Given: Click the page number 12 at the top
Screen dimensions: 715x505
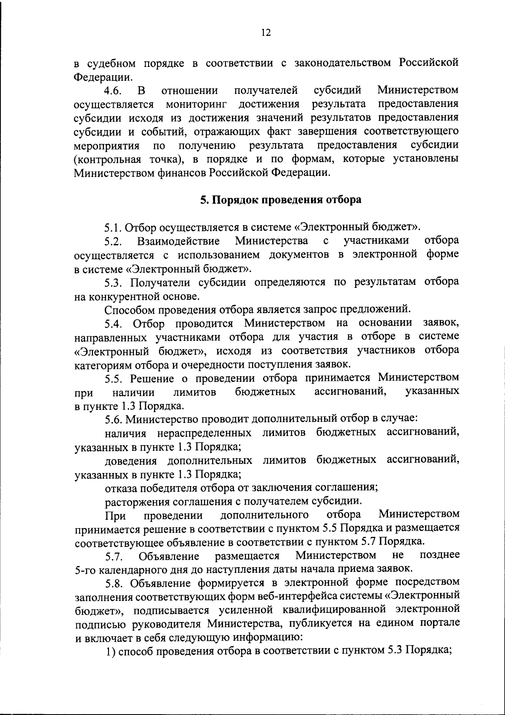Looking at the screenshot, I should (x=266, y=33).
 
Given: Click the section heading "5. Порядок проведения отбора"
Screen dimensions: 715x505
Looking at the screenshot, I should (x=281, y=199).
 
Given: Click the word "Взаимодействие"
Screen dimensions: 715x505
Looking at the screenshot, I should (x=178, y=241).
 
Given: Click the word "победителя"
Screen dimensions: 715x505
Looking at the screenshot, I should (x=165, y=488).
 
